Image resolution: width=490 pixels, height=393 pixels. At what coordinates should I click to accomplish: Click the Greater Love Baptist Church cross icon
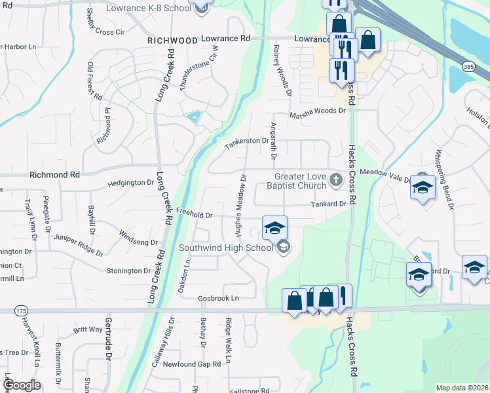point(336,179)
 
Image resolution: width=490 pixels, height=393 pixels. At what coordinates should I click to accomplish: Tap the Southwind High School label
point(226,248)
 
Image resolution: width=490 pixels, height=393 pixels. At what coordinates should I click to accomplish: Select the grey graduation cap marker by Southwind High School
point(283,246)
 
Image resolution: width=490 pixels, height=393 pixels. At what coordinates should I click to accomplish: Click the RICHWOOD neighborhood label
point(173,41)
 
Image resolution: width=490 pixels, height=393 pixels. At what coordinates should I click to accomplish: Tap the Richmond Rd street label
point(54,176)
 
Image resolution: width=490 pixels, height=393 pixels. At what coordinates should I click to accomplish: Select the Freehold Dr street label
point(195,214)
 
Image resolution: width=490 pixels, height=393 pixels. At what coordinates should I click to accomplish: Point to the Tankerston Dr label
point(247,140)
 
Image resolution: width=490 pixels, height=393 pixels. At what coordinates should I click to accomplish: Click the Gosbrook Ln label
point(219,298)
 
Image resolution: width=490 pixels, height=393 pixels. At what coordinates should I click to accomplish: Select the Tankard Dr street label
point(328,204)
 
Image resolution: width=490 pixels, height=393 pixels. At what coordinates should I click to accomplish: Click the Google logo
point(22,385)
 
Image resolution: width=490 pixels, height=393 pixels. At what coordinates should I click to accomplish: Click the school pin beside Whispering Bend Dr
point(423,189)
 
